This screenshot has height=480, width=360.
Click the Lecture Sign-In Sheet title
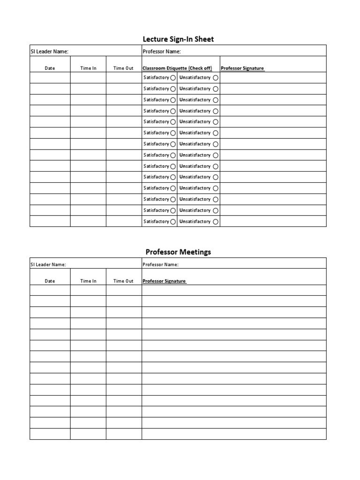coord(178,39)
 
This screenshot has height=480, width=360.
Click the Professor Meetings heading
coord(178,252)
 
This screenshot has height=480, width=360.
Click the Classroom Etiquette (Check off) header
coord(177,68)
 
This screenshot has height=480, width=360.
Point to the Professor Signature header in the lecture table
coord(242,68)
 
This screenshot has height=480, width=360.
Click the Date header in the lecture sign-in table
coord(50,68)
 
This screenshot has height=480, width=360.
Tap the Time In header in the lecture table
coord(88,68)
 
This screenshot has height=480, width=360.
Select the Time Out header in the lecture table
coord(123,68)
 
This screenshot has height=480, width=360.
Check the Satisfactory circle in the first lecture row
coord(173,78)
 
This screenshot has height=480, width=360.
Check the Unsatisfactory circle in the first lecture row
coord(216,78)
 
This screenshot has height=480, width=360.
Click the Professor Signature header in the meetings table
coord(164,281)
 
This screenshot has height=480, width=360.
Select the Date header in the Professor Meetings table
coord(50,281)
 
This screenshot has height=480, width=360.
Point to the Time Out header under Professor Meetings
coord(123,281)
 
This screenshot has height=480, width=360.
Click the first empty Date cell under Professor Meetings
coord(50,290)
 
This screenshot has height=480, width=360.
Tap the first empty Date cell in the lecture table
coord(50,78)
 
